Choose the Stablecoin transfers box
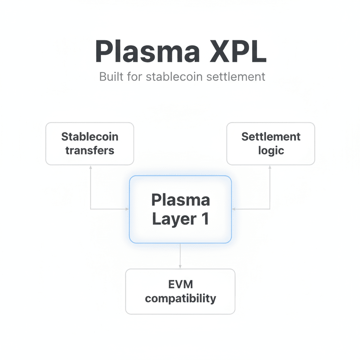[x=90, y=143]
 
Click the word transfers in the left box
[x=90, y=150]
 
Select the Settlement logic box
[x=271, y=143]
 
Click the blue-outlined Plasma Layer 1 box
[x=180, y=209]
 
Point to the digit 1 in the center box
[x=205, y=219]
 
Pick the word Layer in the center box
[x=174, y=219]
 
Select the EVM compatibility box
[x=180, y=291]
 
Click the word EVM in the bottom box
[x=180, y=284]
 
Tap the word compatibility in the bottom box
[x=180, y=299]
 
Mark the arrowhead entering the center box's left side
[x=127, y=209]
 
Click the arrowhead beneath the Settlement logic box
[x=270, y=167]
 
